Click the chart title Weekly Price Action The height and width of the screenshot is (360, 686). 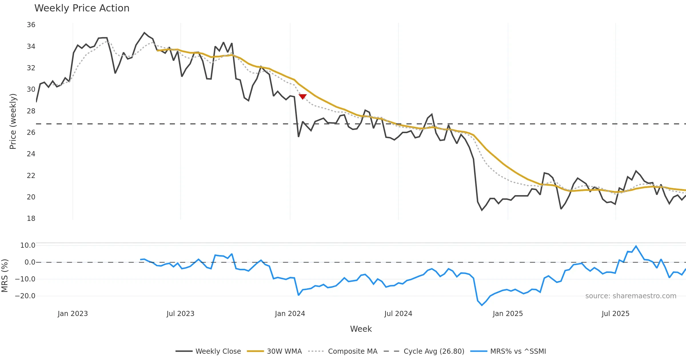pos(82,8)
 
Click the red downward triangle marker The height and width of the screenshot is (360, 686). pos(303,97)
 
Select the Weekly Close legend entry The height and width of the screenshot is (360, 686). pos(208,351)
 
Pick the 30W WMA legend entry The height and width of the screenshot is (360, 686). pos(274,351)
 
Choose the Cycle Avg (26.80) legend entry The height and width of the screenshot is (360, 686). pos(424,351)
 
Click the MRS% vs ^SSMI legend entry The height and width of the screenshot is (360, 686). pos(508,351)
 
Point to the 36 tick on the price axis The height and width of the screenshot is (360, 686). pos(31,25)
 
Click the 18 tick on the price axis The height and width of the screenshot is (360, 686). pos(31,219)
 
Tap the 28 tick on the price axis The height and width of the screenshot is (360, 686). pos(31,111)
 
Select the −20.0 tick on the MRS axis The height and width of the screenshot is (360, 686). pos(25,296)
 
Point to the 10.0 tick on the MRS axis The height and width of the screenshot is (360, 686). pos(28,245)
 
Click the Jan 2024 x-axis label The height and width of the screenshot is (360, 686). pos(290,314)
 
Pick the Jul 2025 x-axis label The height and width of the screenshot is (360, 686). pos(615,314)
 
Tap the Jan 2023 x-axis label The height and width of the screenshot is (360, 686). pos(73,314)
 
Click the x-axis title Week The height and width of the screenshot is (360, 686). pos(361,329)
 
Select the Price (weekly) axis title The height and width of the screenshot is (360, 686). pos(13,121)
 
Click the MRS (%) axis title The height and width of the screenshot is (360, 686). pos(5,276)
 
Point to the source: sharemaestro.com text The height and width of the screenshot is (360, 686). pos(631,296)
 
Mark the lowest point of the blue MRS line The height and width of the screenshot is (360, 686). pos(482,305)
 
